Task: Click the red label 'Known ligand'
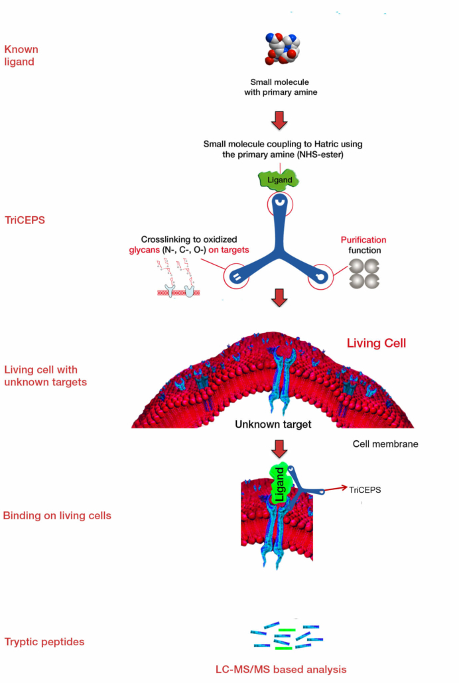click(21, 55)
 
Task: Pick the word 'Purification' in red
click(363, 240)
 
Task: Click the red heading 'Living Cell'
click(376, 343)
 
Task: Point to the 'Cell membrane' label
click(385, 444)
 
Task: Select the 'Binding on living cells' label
click(57, 516)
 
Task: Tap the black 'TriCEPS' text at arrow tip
click(368, 491)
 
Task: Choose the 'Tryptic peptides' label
click(44, 641)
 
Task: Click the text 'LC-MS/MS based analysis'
click(281, 669)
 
